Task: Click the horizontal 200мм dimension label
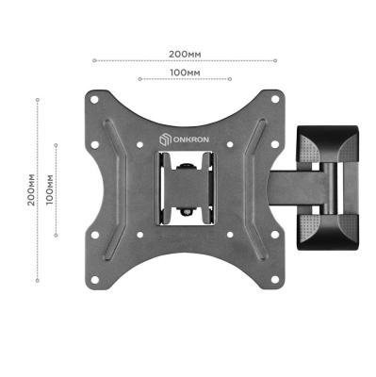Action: pyautogui.click(x=185, y=54)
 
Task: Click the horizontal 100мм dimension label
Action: pyautogui.click(x=185, y=73)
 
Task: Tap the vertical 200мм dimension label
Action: pyautogui.click(x=31, y=189)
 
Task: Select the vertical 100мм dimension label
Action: pyautogui.click(x=50, y=189)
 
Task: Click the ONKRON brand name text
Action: pyautogui.click(x=190, y=139)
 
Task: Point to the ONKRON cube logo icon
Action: pyautogui.click(x=165, y=139)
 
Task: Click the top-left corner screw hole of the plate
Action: pyautogui.click(x=94, y=100)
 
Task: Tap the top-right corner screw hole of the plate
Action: pyautogui.click(x=275, y=99)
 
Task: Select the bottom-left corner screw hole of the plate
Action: pyautogui.click(x=94, y=279)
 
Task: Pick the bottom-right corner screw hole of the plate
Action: pyautogui.click(x=275, y=279)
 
